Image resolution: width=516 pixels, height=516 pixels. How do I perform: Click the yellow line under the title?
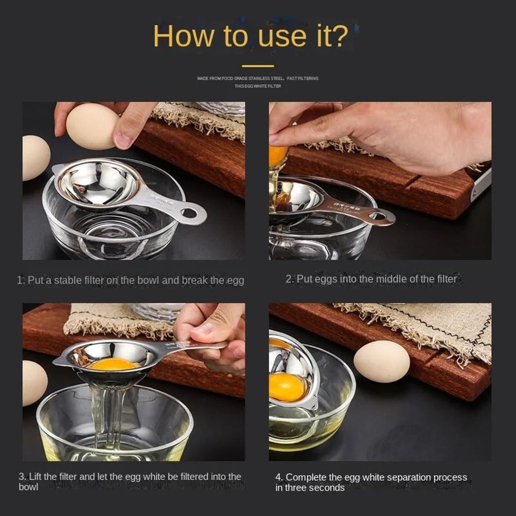(258, 66)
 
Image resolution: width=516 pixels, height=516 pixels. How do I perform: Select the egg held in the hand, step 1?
(92, 126)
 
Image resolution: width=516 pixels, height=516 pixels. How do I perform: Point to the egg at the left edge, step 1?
(35, 157)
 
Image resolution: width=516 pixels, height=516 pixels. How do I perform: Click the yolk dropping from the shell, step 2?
(278, 156)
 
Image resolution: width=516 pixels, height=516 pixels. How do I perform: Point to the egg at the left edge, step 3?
(34, 382)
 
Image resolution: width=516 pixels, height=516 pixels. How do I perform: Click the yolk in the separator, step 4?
(287, 387)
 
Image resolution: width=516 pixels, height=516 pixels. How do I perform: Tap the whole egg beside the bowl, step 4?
(381, 361)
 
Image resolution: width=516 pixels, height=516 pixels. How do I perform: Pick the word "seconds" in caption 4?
(326, 488)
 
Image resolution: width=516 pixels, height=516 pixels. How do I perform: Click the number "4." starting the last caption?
(279, 477)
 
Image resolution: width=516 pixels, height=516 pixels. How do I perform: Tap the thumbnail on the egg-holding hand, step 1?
(123, 139)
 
